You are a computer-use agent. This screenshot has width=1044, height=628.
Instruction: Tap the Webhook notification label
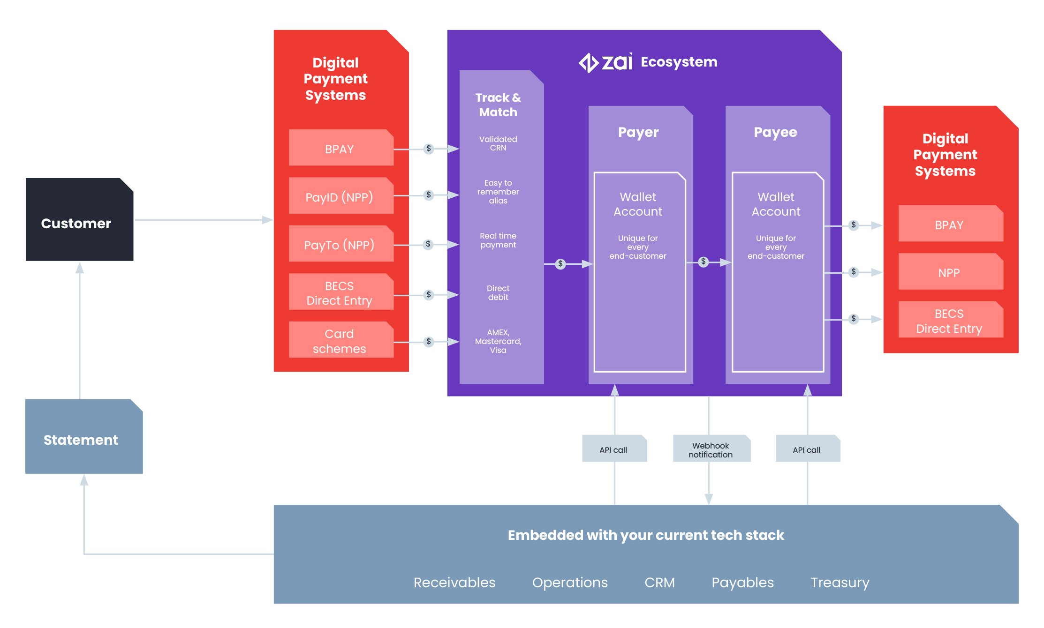pyautogui.click(x=711, y=449)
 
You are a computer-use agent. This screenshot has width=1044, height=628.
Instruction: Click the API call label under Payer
pyautogui.click(x=613, y=449)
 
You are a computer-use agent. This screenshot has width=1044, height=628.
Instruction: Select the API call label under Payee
pyautogui.click(x=807, y=449)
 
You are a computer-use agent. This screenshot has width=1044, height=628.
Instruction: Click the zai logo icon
pyautogui.click(x=588, y=62)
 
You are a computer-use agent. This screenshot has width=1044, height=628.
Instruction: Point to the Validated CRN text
pyautogui.click(x=498, y=143)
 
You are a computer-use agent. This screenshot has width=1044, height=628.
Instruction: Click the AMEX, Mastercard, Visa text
pyautogui.click(x=498, y=341)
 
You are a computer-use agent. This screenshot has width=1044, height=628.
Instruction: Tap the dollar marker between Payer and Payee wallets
pyautogui.click(x=703, y=262)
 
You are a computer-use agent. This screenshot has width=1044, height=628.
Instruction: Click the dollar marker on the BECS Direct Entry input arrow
pyautogui.click(x=428, y=295)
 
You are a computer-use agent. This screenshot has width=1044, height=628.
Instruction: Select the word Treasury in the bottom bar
pyautogui.click(x=840, y=583)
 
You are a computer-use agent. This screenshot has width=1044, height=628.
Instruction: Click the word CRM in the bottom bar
pyautogui.click(x=659, y=583)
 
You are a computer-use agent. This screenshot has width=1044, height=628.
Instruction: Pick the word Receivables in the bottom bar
pyautogui.click(x=454, y=583)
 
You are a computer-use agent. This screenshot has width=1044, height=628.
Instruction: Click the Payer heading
pyautogui.click(x=638, y=132)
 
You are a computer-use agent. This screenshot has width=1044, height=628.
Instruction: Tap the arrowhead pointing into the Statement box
pyautogui.click(x=84, y=480)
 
